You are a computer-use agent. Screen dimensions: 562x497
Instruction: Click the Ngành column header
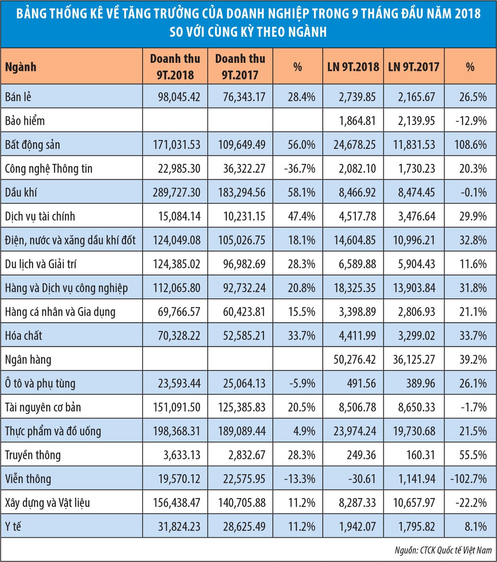[x=21, y=67]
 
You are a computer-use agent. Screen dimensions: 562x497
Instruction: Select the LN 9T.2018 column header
[x=353, y=67]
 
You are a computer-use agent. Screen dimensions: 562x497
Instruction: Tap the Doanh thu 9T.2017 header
[x=240, y=67]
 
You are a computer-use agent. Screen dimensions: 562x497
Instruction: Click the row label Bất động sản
[x=33, y=145]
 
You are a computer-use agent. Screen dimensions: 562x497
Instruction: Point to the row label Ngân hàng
[x=28, y=359]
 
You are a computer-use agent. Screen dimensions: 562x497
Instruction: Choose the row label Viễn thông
[x=28, y=479]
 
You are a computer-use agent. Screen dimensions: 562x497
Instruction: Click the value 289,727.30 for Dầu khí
[x=176, y=193]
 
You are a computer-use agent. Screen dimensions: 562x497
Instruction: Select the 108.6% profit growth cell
[x=470, y=145]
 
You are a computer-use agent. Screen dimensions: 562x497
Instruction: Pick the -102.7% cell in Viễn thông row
[x=468, y=479]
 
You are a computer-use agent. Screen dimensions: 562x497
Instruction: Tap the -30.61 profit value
[x=362, y=479]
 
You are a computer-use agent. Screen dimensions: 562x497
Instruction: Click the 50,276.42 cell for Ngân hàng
[x=355, y=359]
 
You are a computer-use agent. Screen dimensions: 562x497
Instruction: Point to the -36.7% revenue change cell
[x=299, y=169]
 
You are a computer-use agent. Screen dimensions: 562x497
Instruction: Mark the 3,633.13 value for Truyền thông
[x=182, y=455]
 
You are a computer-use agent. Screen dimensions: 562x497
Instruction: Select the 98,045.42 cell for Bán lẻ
[x=179, y=97]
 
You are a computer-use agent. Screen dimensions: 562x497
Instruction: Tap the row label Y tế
[x=13, y=526]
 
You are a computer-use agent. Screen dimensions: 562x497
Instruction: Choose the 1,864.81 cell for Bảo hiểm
[x=357, y=121]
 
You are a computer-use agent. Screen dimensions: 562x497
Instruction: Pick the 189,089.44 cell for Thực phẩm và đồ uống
[x=242, y=431]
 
